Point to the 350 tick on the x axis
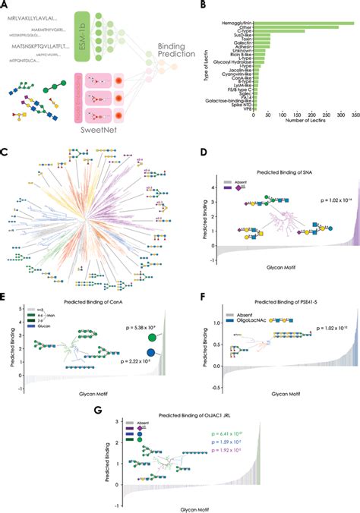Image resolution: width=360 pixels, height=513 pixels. click(349, 118)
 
